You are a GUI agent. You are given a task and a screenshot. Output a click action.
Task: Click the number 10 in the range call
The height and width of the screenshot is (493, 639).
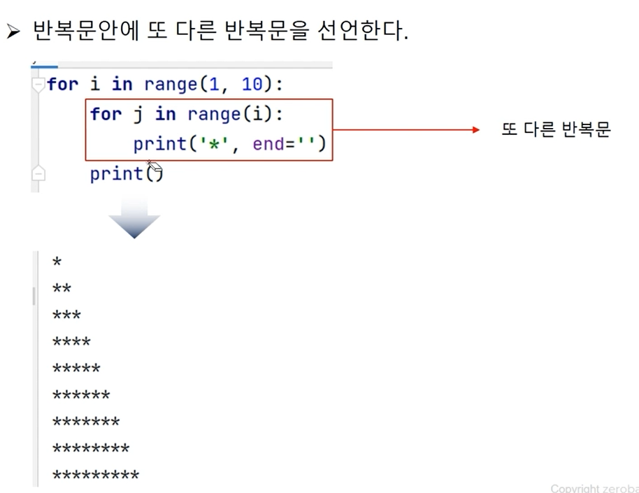coord(252,85)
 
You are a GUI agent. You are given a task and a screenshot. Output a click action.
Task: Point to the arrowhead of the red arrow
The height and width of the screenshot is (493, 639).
coord(475,129)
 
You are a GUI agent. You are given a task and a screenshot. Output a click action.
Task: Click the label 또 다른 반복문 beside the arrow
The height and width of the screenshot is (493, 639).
coord(556,130)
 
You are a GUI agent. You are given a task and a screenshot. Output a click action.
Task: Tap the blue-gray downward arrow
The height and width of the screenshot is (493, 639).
coord(134,217)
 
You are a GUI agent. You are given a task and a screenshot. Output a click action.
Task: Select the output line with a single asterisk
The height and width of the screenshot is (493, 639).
coord(57,263)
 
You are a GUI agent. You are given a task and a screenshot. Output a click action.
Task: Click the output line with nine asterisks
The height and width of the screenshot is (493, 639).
coord(96,476)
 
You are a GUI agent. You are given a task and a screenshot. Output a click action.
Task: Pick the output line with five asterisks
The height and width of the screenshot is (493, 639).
coord(76,369)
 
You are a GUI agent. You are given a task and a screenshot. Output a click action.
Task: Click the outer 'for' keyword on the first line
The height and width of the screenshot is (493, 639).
coord(63,85)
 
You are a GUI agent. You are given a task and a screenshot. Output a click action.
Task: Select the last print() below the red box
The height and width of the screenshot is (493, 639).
coord(126,173)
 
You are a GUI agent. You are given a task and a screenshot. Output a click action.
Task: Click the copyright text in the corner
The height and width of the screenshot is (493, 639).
coord(593,488)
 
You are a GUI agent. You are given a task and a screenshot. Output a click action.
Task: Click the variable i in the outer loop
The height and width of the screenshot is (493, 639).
coord(94,85)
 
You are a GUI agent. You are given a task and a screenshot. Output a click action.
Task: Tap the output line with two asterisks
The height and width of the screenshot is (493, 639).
coord(62,290)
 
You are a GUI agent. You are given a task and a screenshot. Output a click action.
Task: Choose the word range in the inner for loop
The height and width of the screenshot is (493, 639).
coord(213,114)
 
